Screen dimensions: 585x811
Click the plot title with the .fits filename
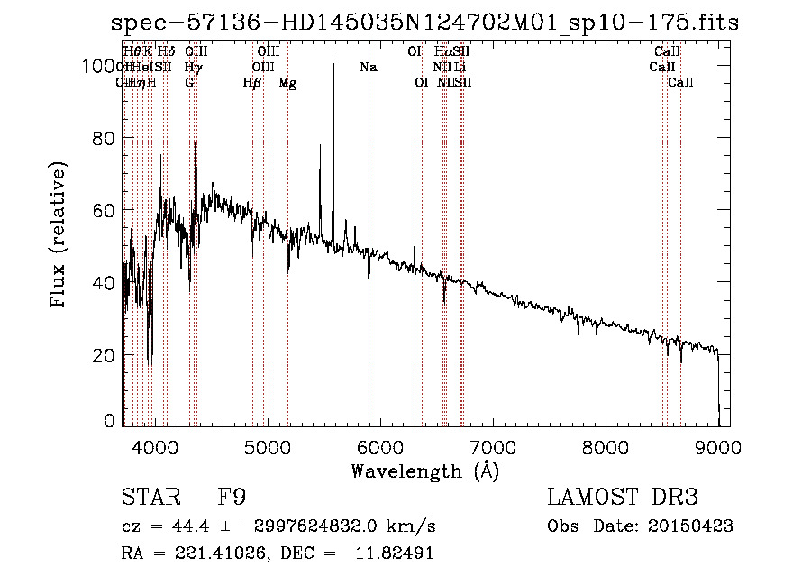(x=424, y=23)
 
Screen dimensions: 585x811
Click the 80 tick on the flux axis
(x=105, y=138)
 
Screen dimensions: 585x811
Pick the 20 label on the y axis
(x=105, y=355)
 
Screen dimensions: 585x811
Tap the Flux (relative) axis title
(x=60, y=235)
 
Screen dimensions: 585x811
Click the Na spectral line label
(x=368, y=68)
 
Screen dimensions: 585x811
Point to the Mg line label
(x=287, y=83)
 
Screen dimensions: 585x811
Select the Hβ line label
(x=252, y=83)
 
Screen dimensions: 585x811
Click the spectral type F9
(x=232, y=498)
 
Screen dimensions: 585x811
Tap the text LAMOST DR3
(x=622, y=498)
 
